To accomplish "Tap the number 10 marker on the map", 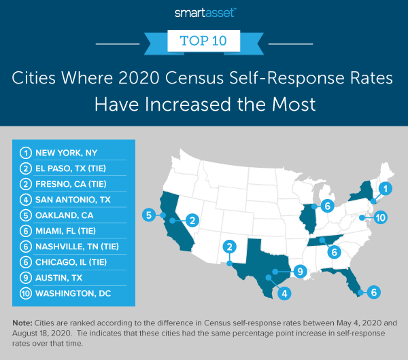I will (x=380, y=218).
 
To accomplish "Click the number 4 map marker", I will (x=285, y=294).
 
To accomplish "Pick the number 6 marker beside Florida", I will (x=373, y=292).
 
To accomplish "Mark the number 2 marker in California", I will (x=192, y=220).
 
